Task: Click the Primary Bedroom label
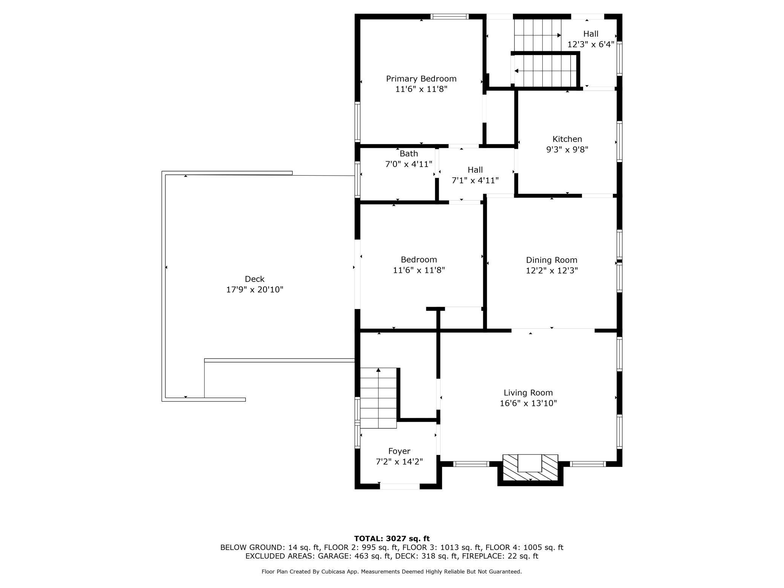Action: (421, 79)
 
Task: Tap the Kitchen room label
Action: (567, 139)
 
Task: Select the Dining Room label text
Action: (551, 260)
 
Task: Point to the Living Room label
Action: (528, 393)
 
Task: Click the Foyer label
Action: (399, 451)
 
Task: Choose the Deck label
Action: (255, 279)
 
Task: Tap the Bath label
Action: (409, 154)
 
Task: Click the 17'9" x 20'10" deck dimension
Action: (255, 289)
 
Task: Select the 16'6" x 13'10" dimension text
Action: (528, 403)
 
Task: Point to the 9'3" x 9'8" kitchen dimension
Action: (567, 150)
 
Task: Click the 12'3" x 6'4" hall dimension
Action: (591, 44)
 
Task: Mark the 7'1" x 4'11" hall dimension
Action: (475, 181)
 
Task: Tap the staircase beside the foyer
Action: (378, 398)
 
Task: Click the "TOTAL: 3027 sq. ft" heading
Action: (392, 539)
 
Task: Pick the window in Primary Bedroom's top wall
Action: (449, 16)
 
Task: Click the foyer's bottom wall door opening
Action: (400, 486)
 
